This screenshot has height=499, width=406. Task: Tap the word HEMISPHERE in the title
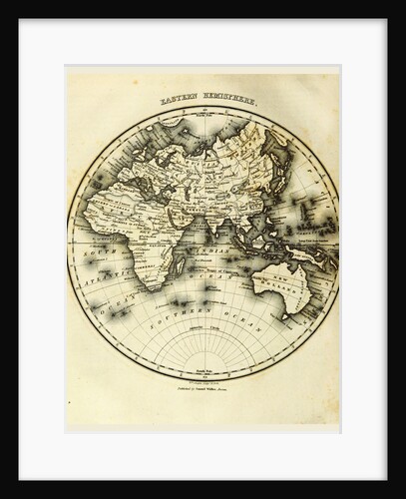coord(226,102)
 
